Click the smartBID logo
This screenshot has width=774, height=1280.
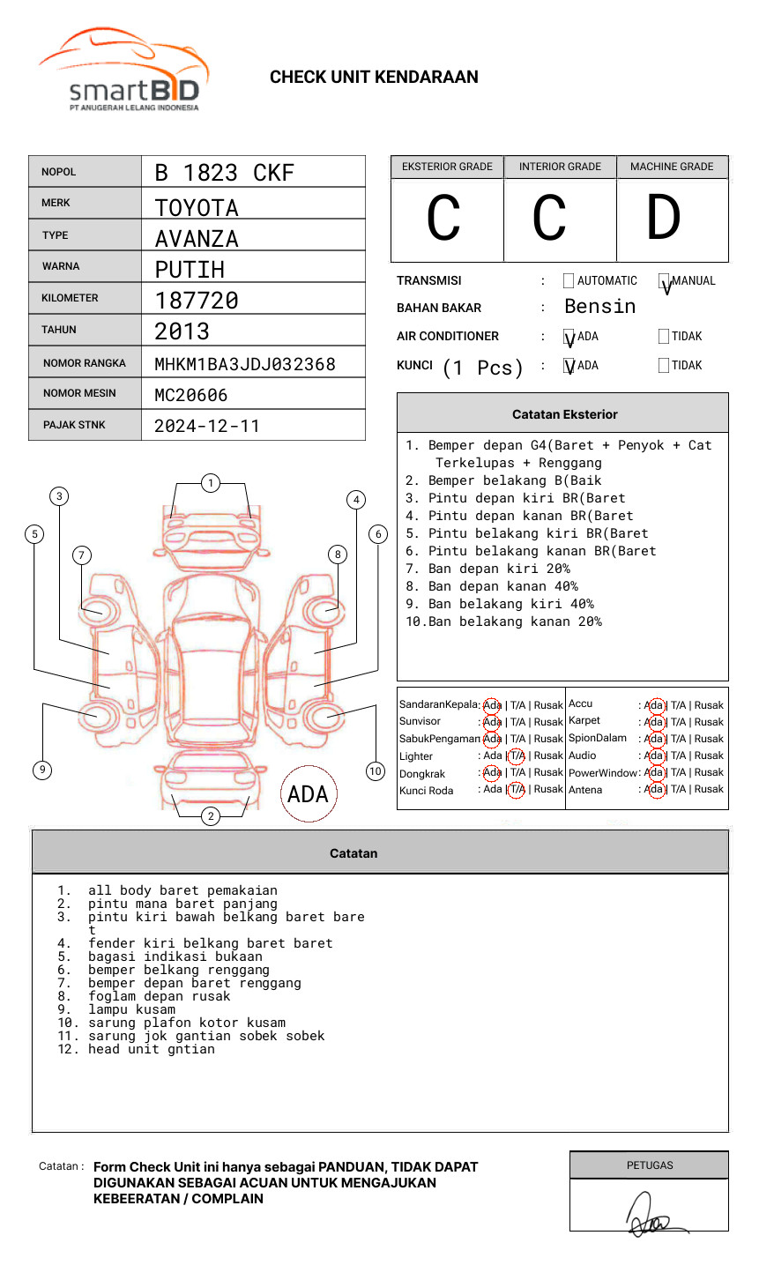pyautogui.click(x=124, y=70)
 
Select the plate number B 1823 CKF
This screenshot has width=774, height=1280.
pyautogui.click(x=224, y=173)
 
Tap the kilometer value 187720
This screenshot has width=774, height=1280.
pyautogui.click(x=196, y=301)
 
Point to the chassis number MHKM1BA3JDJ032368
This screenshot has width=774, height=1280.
pyautogui.click(x=245, y=364)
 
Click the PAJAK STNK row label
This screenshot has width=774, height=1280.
pyautogui.click(x=74, y=425)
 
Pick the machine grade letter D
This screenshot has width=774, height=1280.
pyautogui.click(x=664, y=217)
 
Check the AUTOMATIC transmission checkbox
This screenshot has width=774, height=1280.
pyautogui.click(x=569, y=280)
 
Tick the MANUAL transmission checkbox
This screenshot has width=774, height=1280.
pyautogui.click(x=664, y=280)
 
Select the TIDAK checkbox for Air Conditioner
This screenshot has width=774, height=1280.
pyautogui.click(x=664, y=336)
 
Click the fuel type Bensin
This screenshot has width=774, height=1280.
pyautogui.click(x=599, y=306)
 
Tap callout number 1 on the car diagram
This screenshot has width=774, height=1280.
pyautogui.click(x=211, y=483)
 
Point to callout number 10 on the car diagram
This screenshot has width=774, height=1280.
pyautogui.click(x=375, y=770)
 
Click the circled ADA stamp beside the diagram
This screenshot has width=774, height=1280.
pyautogui.click(x=309, y=793)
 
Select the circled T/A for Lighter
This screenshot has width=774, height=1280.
pyautogui.click(x=517, y=755)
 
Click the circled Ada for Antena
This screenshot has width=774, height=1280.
pyautogui.click(x=656, y=789)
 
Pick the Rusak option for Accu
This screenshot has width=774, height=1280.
pyautogui.click(x=709, y=705)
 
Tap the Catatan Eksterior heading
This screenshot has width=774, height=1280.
pyautogui.click(x=565, y=414)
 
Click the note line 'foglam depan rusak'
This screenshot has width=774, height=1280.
pyautogui.click(x=159, y=996)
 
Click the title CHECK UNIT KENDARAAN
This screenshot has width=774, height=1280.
pyautogui.click(x=374, y=78)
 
